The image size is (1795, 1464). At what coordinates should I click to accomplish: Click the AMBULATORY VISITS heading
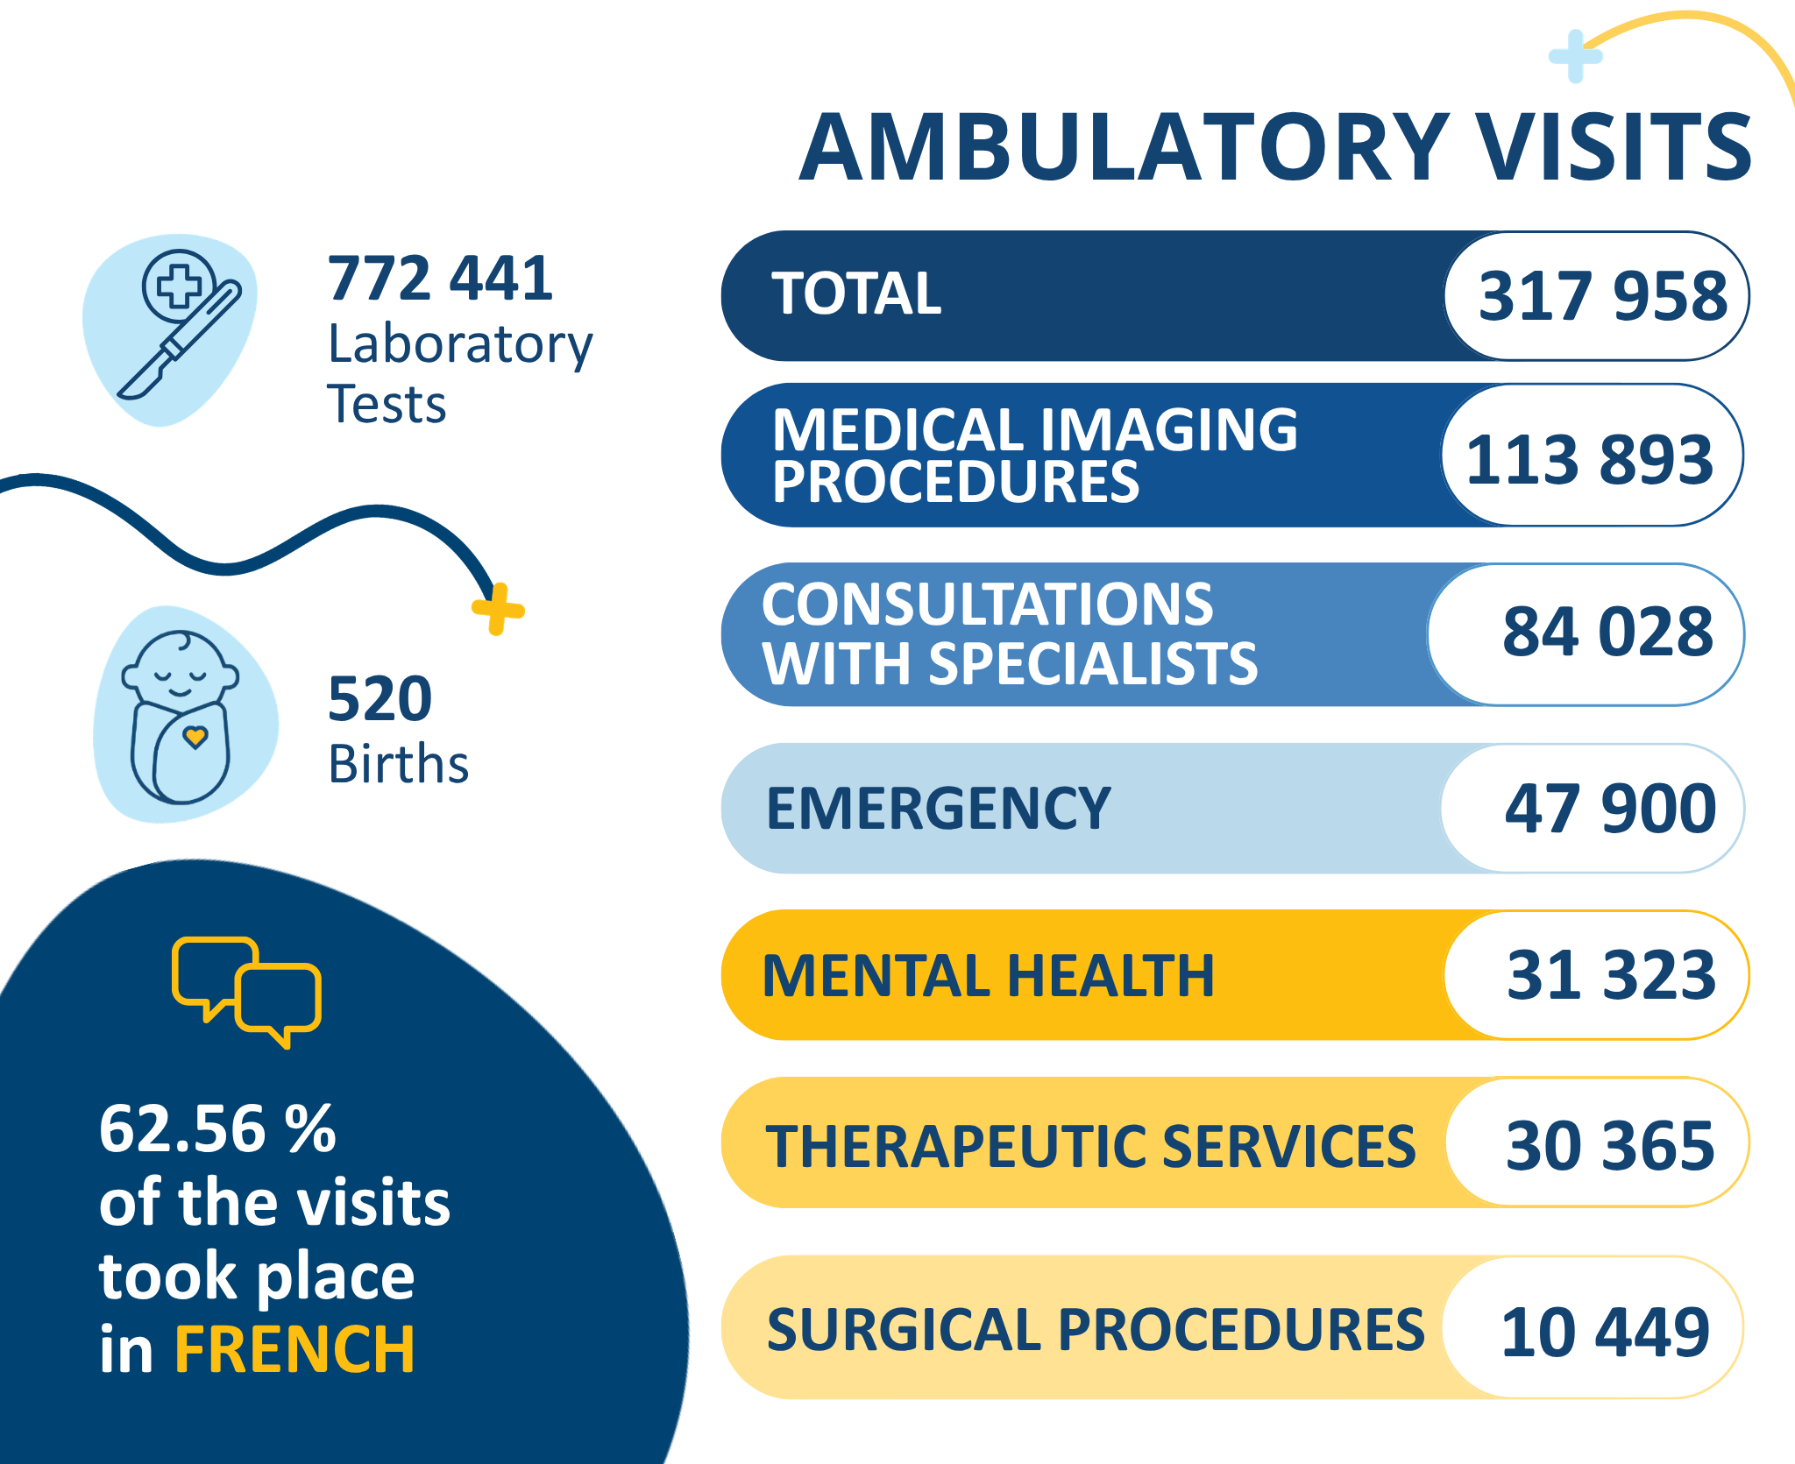coord(1275,147)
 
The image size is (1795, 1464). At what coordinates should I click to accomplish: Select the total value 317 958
coord(1603,295)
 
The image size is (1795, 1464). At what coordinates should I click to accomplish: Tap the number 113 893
coord(1589,458)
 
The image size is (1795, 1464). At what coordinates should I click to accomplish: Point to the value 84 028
coord(1607,631)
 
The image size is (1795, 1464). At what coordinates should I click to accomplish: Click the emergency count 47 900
coord(1610,808)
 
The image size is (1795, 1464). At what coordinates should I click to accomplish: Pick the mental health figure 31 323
coord(1611,974)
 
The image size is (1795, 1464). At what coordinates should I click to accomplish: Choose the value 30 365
coord(1610,1145)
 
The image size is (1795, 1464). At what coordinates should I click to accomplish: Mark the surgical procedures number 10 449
coord(1605,1332)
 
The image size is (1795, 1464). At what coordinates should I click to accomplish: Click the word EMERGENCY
coord(939,808)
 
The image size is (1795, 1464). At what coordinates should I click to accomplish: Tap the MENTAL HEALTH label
coord(989,975)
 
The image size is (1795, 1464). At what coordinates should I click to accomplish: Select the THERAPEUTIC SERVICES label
coord(1090,1146)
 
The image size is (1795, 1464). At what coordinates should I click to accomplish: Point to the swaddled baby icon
coord(181,717)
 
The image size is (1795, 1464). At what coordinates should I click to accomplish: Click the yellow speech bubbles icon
coord(247,992)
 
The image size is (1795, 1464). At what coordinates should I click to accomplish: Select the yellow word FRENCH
coord(294,1349)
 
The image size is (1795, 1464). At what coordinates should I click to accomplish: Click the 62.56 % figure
coord(217,1128)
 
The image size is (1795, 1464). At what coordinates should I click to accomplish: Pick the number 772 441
coord(440,279)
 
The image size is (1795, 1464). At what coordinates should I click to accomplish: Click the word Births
coord(398,764)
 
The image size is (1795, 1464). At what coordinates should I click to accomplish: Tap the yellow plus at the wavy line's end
coord(498,609)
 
